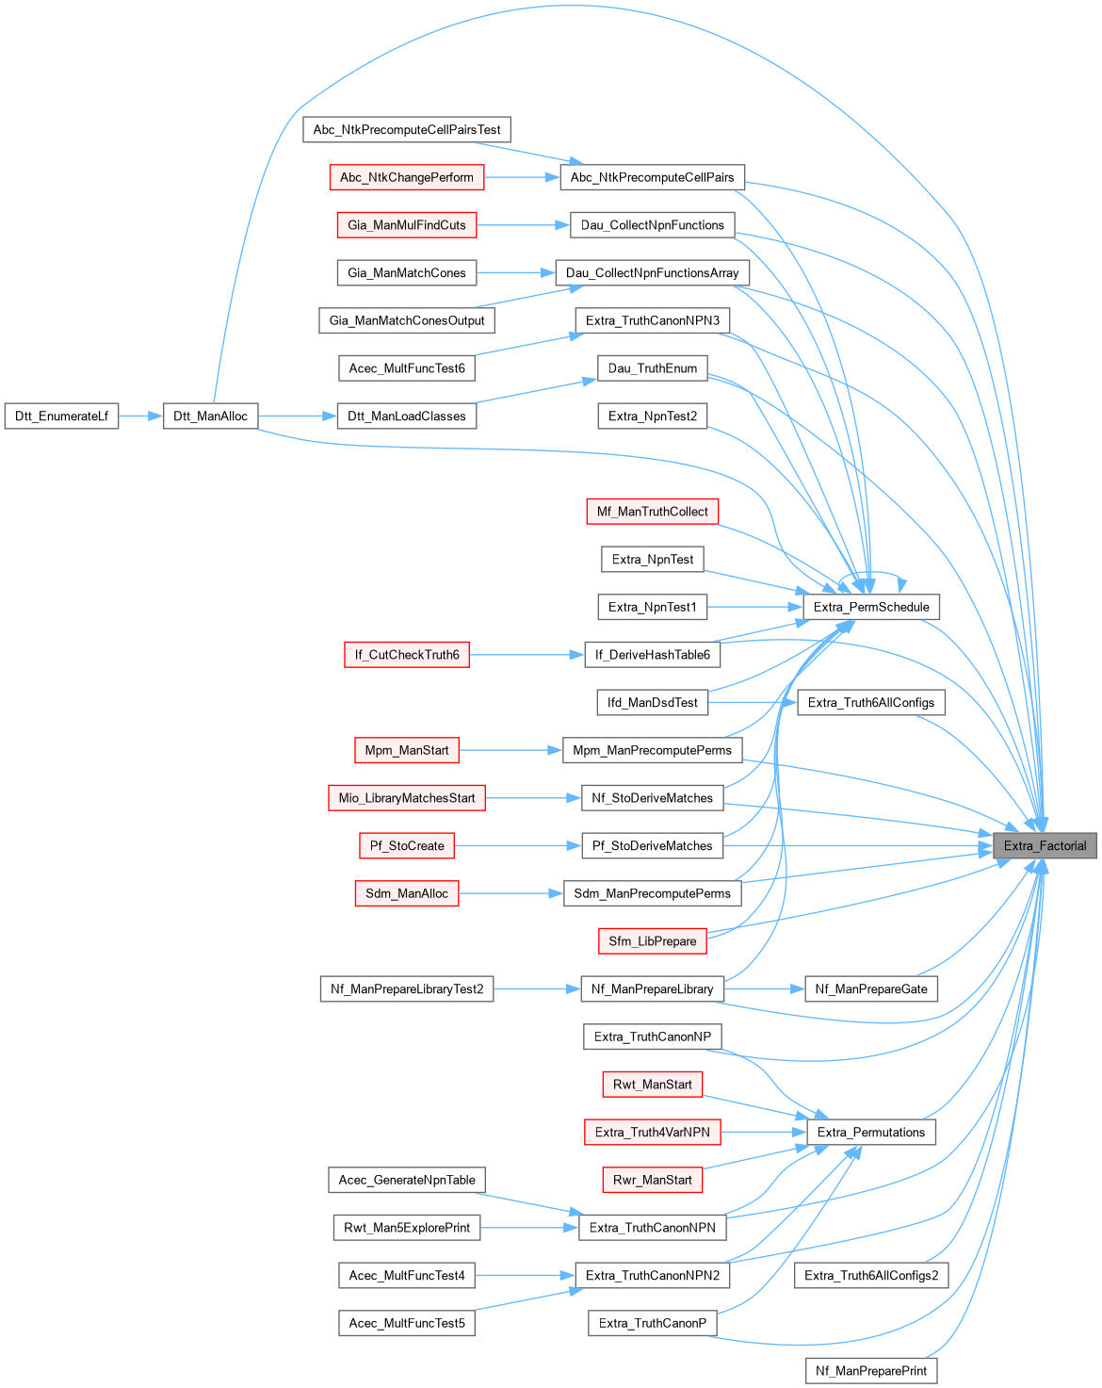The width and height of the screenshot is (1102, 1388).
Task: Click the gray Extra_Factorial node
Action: tap(1045, 845)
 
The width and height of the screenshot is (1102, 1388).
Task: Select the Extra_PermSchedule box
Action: tap(871, 607)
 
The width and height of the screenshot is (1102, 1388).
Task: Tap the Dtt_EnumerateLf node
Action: tap(61, 416)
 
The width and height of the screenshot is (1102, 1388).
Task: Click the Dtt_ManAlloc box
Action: tap(210, 416)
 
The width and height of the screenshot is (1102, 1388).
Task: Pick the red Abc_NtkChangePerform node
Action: tap(407, 177)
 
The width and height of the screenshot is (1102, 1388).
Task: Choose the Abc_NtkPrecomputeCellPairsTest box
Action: tap(407, 129)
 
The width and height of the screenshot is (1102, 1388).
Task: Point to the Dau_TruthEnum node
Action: tap(652, 367)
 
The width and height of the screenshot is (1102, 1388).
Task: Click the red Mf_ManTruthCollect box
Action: tap(652, 511)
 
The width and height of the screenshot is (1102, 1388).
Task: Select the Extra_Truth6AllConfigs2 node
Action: tap(871, 1275)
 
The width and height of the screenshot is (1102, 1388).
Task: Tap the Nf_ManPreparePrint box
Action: tap(871, 1370)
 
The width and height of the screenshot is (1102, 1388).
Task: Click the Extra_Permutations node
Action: tap(871, 1132)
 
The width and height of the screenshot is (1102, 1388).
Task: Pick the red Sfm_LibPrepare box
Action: tap(652, 940)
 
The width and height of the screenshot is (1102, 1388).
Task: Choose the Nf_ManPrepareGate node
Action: tap(871, 988)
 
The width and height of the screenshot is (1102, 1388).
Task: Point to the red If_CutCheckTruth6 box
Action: tap(407, 654)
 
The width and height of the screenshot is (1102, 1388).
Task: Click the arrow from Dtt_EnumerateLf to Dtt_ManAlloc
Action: tap(140, 416)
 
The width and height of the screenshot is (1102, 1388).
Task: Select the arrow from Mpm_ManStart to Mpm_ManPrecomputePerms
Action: tap(510, 750)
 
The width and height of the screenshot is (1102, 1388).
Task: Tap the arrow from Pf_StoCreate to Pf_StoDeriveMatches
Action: tap(517, 845)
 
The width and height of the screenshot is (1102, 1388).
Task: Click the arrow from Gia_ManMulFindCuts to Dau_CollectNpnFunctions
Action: tap(523, 225)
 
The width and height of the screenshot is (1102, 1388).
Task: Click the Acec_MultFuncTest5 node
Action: tap(407, 1323)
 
